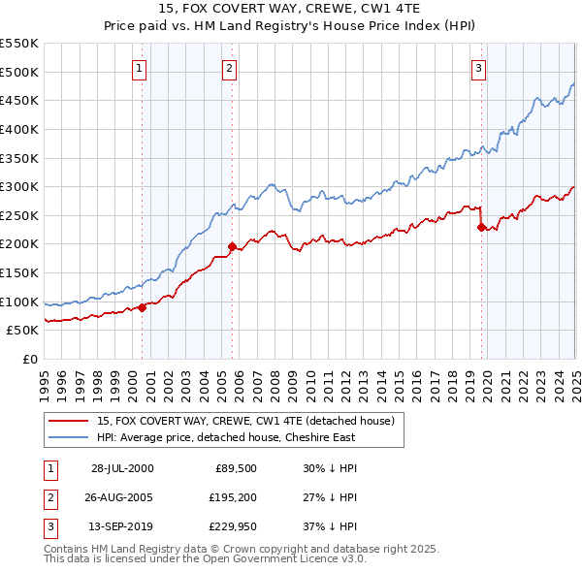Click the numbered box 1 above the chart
(x=141, y=68)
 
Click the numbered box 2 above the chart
(x=229, y=68)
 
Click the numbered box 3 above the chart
(x=479, y=68)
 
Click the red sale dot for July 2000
(x=142, y=307)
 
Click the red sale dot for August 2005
(x=232, y=246)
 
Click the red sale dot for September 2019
(x=481, y=227)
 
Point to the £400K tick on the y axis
(x=22, y=129)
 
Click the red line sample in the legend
(x=68, y=422)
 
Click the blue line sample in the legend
(x=68, y=437)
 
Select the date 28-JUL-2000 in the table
(x=122, y=468)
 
